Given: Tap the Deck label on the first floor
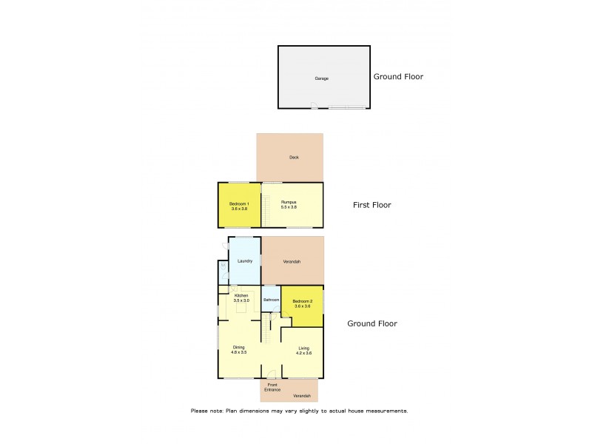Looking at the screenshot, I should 294,158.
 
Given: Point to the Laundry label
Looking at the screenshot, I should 245,260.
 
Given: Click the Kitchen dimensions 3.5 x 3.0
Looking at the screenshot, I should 241,300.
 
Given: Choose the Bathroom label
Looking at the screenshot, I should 271,300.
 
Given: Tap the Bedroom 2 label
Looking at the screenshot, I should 303,301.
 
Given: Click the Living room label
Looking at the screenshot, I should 304,348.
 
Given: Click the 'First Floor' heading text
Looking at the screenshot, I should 371,205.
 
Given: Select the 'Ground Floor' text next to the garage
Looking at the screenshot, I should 398,76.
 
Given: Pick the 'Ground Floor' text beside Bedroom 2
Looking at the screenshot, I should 372,323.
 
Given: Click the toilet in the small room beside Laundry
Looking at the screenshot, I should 223,267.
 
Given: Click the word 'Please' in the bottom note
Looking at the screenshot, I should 200,411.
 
